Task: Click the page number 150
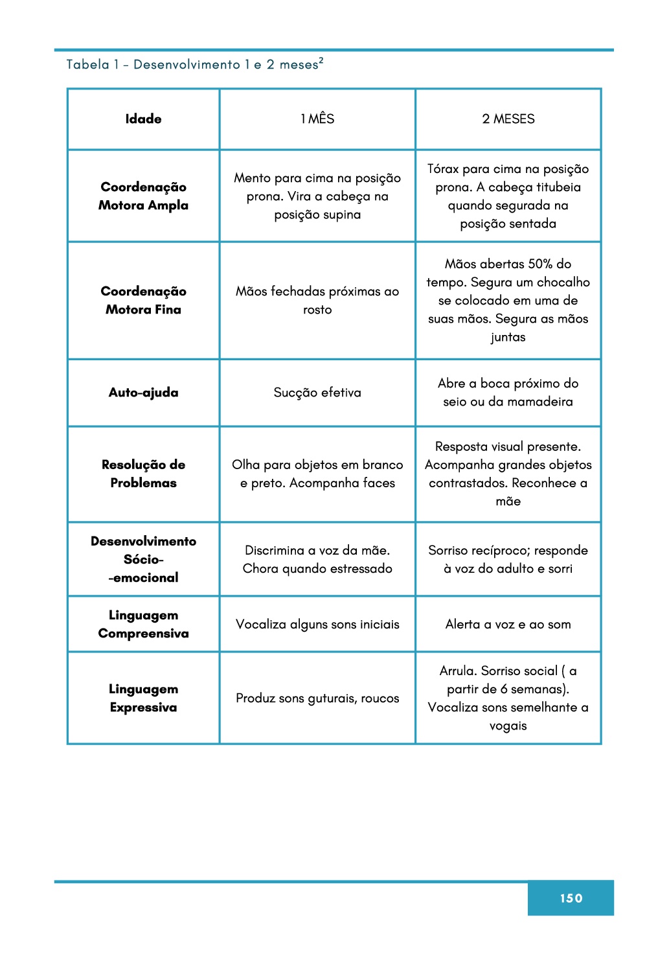[x=571, y=898]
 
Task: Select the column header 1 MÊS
[x=317, y=119]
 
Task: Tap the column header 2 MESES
[x=508, y=119]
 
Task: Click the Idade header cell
[x=143, y=119]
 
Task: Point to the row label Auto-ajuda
[x=143, y=393]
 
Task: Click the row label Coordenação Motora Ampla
[x=143, y=196]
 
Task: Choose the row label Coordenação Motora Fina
[x=143, y=301]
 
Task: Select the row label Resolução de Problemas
[x=143, y=474]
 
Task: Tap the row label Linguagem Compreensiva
[x=143, y=624]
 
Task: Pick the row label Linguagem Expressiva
[x=143, y=698]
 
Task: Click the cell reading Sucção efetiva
[x=317, y=393]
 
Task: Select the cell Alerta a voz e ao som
[x=508, y=625]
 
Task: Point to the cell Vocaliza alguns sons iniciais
[x=317, y=625]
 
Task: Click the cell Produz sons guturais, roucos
[x=317, y=698]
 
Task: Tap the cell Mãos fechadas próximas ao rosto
[x=317, y=301]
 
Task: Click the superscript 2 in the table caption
[x=321, y=60]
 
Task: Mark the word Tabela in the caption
[x=88, y=65]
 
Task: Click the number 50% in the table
[x=540, y=264]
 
